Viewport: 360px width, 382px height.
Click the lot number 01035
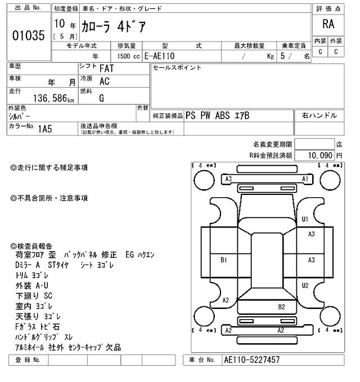pyautogui.click(x=28, y=35)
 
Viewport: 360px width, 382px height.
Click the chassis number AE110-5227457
pyautogui.click(x=251, y=360)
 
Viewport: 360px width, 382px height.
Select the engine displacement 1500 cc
pyautogui.click(x=126, y=56)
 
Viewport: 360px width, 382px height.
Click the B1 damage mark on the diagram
pyautogui.click(x=223, y=260)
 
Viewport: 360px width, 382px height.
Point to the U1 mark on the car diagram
pyautogui.click(x=305, y=219)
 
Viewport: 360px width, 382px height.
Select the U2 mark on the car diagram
pyautogui.click(x=305, y=285)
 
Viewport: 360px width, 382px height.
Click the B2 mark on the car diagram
pyautogui.click(x=282, y=307)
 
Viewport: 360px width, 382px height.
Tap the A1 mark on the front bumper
pyautogui.click(x=305, y=179)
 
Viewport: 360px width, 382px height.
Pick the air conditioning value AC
pyautogui.click(x=104, y=81)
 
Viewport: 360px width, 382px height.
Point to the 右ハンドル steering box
pyautogui.click(x=319, y=116)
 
